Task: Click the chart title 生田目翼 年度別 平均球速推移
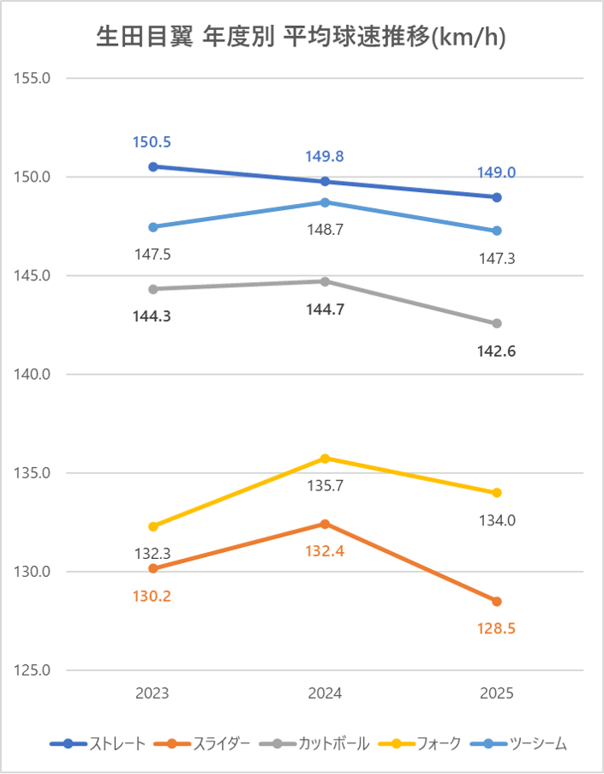[x=301, y=39]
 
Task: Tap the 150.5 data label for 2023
[x=152, y=142]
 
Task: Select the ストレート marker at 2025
[x=497, y=197]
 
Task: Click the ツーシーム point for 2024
[x=325, y=202]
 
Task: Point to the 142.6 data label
[x=497, y=351]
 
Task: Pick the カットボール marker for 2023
[x=153, y=289]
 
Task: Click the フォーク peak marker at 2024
[x=325, y=459]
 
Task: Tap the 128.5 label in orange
[x=497, y=628]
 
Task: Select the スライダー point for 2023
[x=153, y=568]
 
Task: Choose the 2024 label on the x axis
[x=325, y=693]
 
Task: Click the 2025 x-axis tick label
[x=497, y=693]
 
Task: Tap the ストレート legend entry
[x=98, y=744]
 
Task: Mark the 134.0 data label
[x=497, y=520]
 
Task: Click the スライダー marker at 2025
[x=497, y=601]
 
